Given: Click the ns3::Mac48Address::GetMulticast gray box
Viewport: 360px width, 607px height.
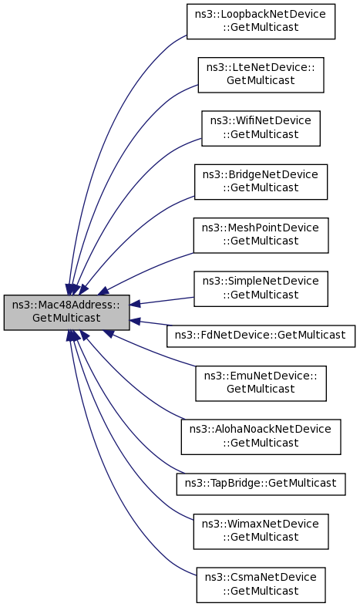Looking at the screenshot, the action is tap(66, 312).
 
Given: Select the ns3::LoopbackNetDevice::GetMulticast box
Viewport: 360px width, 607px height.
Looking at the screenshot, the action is tap(261, 22).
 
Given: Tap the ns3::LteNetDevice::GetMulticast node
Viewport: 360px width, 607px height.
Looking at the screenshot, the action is tap(261, 75).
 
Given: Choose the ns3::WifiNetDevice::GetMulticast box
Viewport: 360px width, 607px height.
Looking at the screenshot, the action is tap(261, 129).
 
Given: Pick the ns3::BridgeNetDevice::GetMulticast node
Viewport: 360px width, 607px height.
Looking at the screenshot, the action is tap(261, 182).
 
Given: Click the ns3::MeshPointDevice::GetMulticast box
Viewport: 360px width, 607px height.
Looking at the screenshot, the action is tap(261, 235).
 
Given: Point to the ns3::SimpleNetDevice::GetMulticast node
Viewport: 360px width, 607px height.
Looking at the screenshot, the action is tap(261, 288).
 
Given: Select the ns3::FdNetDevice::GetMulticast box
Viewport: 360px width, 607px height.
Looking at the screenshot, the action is tap(261, 336).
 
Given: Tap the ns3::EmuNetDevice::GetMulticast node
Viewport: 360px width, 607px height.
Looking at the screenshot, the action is tap(261, 383).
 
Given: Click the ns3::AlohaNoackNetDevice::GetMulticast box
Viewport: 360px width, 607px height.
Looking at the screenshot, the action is tap(261, 437).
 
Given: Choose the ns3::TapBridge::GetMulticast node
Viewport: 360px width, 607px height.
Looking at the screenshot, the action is tap(261, 484).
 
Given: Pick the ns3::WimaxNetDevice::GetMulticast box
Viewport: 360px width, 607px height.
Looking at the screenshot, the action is tap(261, 531).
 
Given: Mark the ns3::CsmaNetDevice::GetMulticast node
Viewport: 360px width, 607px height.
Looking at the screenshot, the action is tap(261, 585).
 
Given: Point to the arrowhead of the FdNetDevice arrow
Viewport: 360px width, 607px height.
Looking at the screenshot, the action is tap(135, 321).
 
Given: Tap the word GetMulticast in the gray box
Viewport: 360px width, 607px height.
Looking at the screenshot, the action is tap(66, 319).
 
